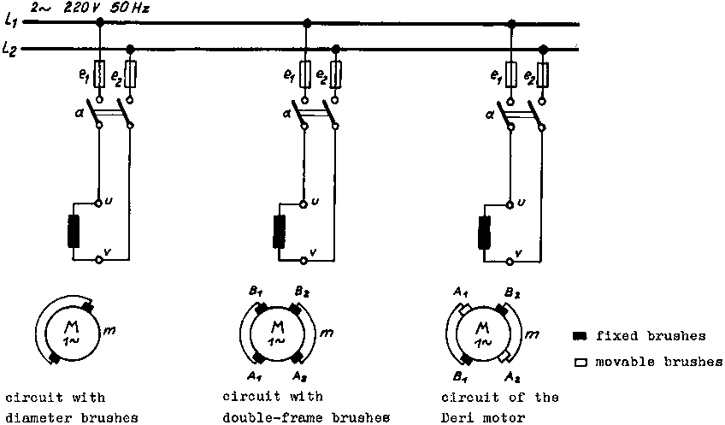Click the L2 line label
10,50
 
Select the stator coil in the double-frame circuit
280,230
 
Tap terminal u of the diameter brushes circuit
100,204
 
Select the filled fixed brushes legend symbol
580,336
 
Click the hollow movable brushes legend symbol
580,362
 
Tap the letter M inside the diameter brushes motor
69,323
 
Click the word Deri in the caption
458,417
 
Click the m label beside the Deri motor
534,331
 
